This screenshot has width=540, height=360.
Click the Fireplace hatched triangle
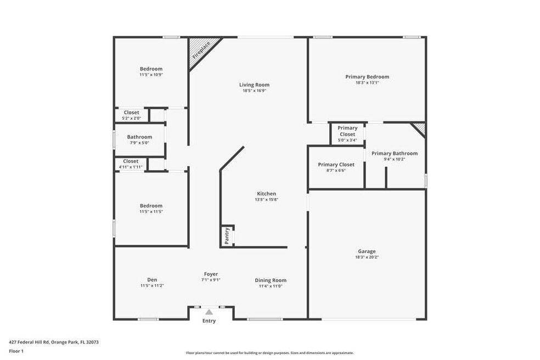click(x=200, y=50)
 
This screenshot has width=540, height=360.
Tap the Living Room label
click(x=255, y=85)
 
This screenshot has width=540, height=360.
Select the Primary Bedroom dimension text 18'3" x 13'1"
click(x=367, y=83)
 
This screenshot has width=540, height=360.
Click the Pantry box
click(x=227, y=236)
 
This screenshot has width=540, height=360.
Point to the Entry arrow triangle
click(x=209, y=312)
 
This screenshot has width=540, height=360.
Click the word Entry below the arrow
click(x=209, y=321)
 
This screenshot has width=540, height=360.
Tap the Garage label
click(x=367, y=251)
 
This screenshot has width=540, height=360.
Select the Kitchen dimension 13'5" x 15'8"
click(x=267, y=199)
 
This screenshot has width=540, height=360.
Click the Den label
click(x=152, y=280)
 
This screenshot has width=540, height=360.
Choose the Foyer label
click(x=211, y=274)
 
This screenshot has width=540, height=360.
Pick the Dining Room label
click(x=271, y=280)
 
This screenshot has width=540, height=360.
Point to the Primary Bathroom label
click(x=395, y=154)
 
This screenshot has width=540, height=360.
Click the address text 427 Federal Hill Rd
click(x=29, y=342)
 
